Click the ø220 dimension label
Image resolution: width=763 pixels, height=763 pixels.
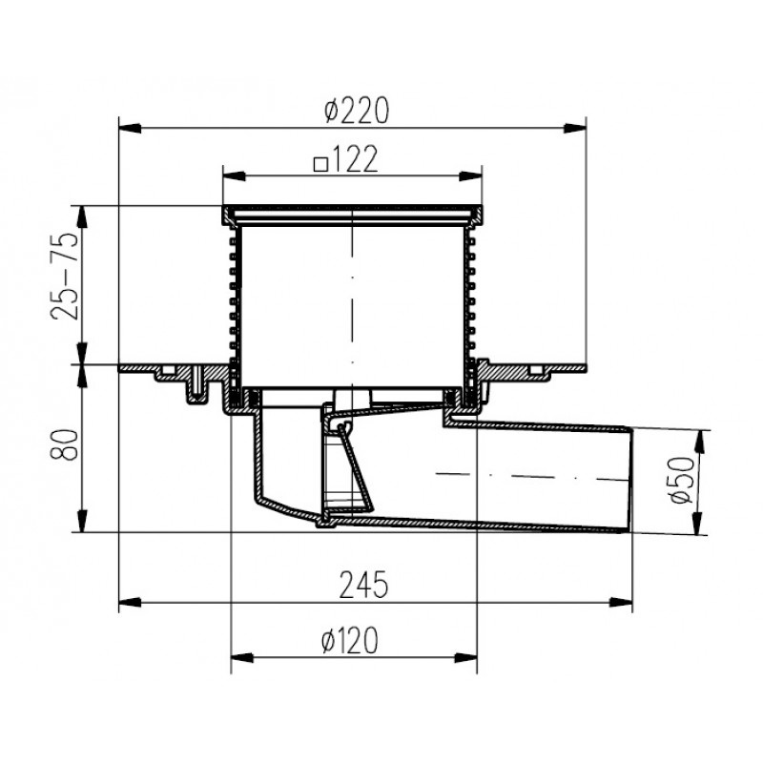pos(357,111)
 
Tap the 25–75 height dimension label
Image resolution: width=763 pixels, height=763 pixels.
pos(64,276)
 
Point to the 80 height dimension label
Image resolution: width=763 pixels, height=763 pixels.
pos(64,444)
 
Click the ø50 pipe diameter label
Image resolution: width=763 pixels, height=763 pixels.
pos(680,481)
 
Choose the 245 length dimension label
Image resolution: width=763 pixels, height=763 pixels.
pos(363,585)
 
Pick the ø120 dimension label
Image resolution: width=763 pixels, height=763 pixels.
pos(349,640)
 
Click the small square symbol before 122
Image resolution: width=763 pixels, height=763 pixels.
pos(320,165)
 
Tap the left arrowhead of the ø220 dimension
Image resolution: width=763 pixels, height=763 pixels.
pos(130,129)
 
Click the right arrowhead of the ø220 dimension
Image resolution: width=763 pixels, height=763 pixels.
pos(575,129)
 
